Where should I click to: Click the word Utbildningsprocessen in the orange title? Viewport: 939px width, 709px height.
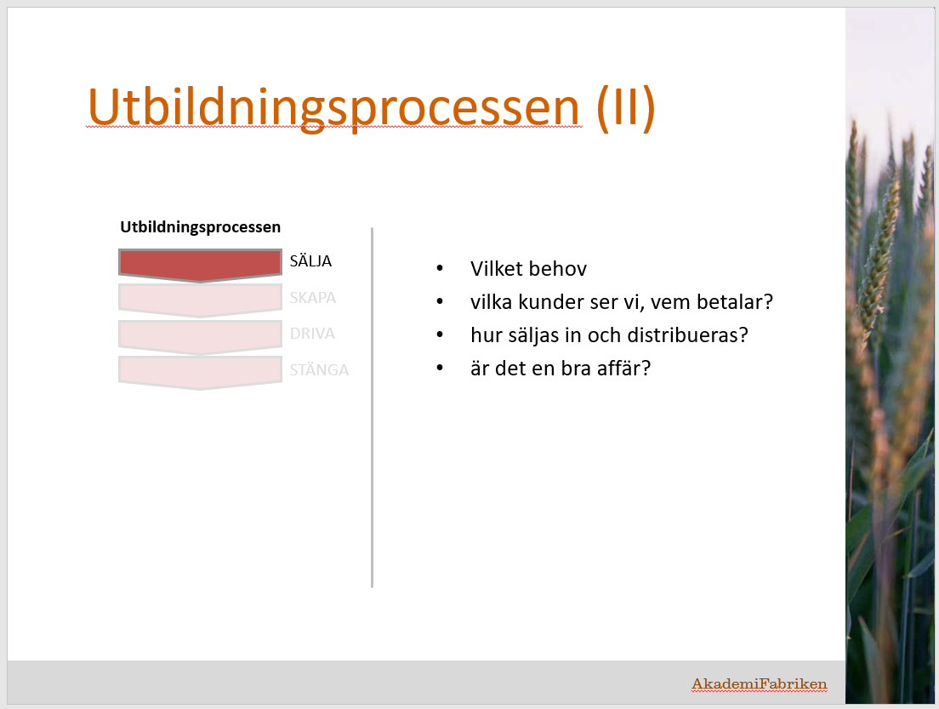[x=333, y=108]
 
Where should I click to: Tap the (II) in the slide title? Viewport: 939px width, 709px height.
[x=626, y=108]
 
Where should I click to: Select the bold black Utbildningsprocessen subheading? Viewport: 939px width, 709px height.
[x=200, y=227]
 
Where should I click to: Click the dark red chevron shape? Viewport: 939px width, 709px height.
[x=200, y=265]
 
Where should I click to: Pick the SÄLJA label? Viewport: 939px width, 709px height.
[x=310, y=260]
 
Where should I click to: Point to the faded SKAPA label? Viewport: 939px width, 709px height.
[x=313, y=298]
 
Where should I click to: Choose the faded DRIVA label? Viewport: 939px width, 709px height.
[x=312, y=334]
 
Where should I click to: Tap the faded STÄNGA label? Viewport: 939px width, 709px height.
[x=319, y=369]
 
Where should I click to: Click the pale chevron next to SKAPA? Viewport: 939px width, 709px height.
[x=200, y=300]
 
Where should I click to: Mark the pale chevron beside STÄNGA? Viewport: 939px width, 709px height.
[x=200, y=373]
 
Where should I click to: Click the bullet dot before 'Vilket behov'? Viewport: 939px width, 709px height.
[x=441, y=268]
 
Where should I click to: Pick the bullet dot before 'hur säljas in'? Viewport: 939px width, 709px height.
[x=441, y=335]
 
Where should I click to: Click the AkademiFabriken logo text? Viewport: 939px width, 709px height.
[x=760, y=683]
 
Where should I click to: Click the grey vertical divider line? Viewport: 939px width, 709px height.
[x=372, y=408]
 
